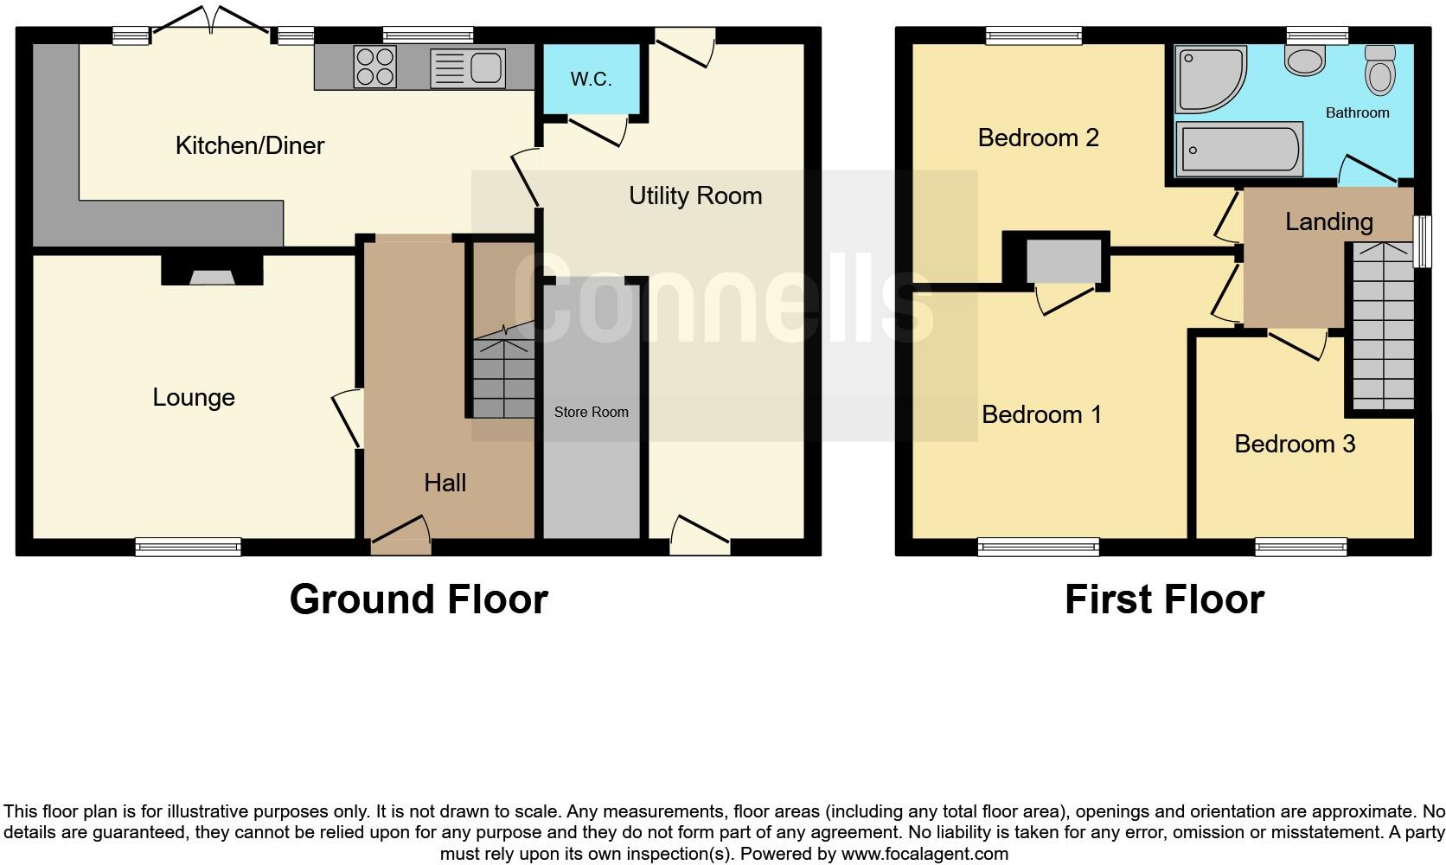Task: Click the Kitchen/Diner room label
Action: [x=249, y=145]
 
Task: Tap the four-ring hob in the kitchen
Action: [x=374, y=67]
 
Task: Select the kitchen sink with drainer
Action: [x=468, y=67]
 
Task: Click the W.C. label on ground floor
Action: [x=591, y=80]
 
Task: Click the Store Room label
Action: [x=591, y=412]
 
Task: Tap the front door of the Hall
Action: [x=400, y=537]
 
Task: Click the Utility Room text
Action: [x=694, y=195]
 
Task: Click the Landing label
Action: [x=1328, y=221]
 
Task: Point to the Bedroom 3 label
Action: [x=1294, y=444]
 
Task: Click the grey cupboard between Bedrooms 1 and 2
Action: [x=1064, y=260]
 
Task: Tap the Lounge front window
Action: [x=188, y=546]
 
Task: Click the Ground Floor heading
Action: [x=418, y=599]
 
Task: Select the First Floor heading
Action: [x=1163, y=599]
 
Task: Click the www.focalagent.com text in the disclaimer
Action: [x=925, y=854]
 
